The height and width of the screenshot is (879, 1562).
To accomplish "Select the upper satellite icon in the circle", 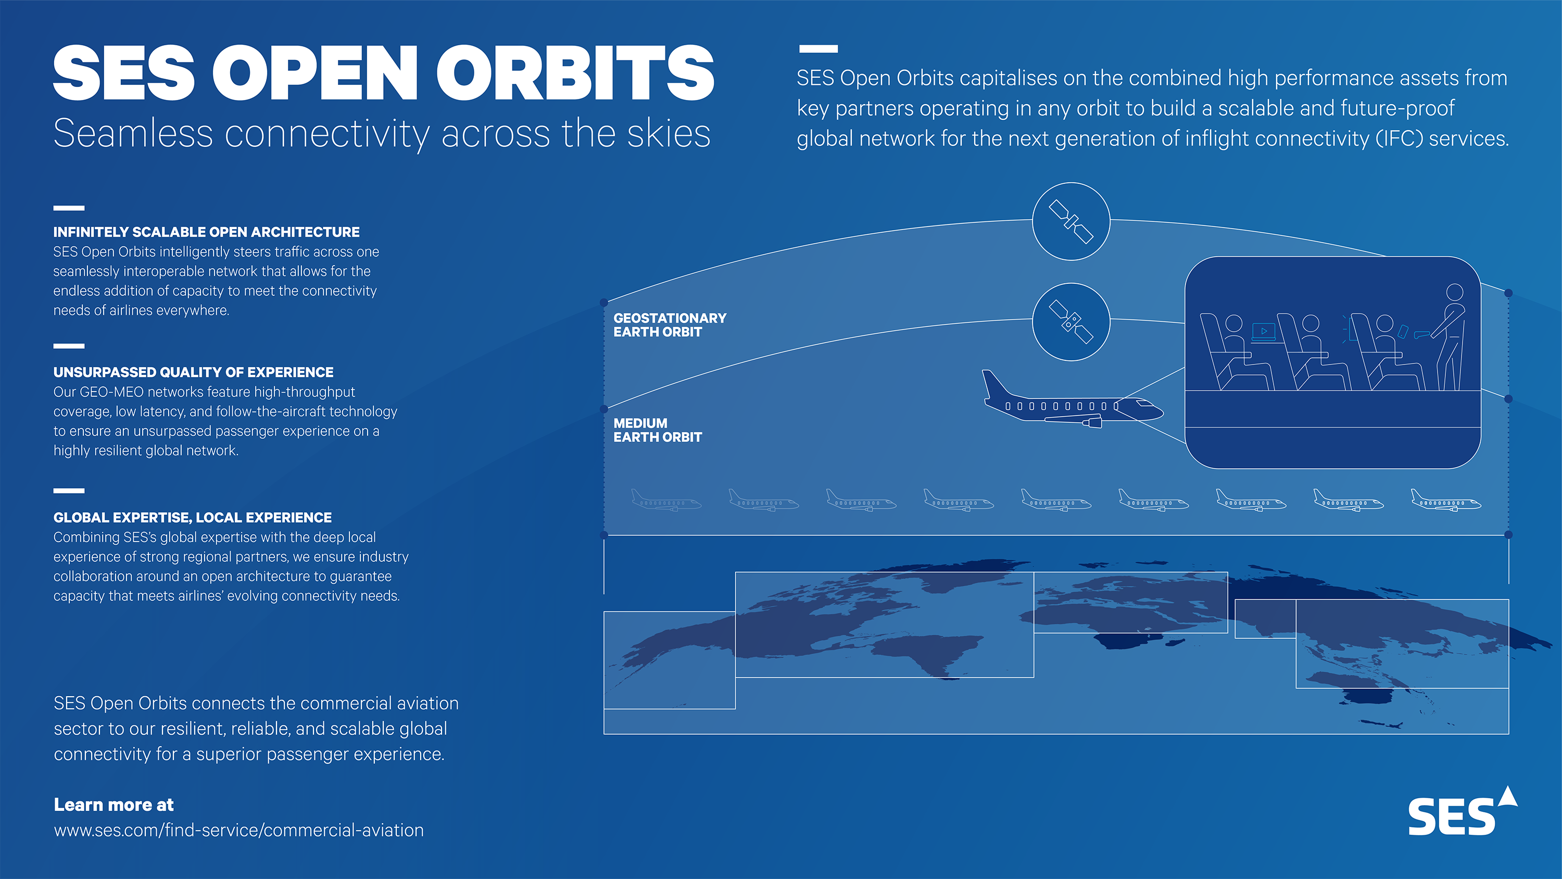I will point(1071,221).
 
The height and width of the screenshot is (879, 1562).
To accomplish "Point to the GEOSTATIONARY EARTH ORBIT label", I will point(670,325).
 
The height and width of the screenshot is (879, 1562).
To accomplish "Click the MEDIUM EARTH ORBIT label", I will point(657,430).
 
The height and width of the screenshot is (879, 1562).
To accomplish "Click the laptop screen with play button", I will point(1264,331).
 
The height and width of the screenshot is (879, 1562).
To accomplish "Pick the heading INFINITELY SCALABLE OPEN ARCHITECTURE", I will point(206,232).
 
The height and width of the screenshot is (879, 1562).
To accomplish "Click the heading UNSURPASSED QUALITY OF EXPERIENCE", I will point(193,372).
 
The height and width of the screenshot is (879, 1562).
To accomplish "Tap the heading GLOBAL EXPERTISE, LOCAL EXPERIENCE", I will point(192,518).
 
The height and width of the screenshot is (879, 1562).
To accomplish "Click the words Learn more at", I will point(114,805).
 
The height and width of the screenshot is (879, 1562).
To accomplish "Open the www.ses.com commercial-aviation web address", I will point(238,830).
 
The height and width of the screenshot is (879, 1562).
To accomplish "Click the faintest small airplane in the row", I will point(666,501).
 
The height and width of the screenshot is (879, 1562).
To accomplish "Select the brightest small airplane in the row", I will point(1445,501).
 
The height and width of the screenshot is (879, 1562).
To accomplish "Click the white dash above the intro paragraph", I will point(818,48).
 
